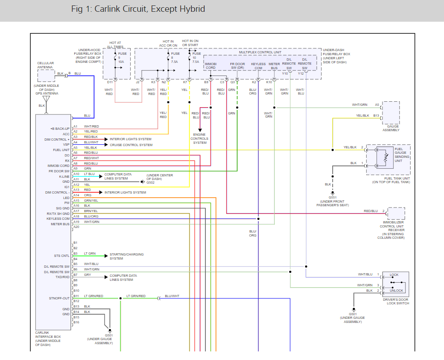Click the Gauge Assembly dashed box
[391, 113]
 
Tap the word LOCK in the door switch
[394, 275]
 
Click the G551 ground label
[333, 198]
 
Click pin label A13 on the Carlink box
[76, 190]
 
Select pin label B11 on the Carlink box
[76, 296]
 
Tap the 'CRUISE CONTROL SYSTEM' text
[131, 145]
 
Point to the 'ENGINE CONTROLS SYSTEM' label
[200, 139]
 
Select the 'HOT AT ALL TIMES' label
[115, 45]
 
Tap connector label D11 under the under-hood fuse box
[110, 82]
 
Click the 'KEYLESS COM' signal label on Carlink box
[57, 219]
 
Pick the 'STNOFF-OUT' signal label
[60, 298]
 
